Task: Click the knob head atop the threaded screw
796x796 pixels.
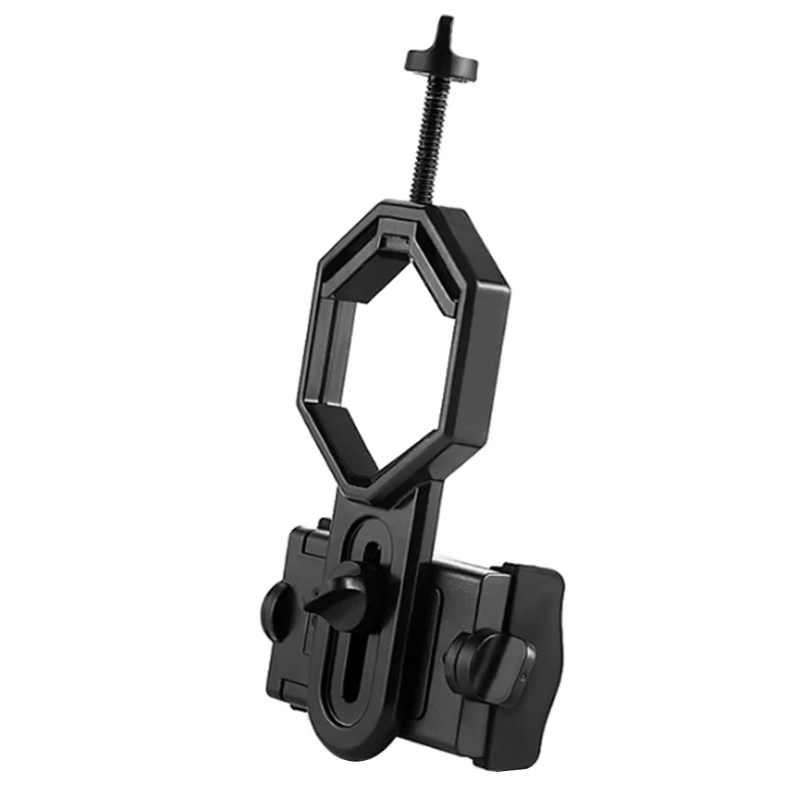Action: point(441,65)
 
